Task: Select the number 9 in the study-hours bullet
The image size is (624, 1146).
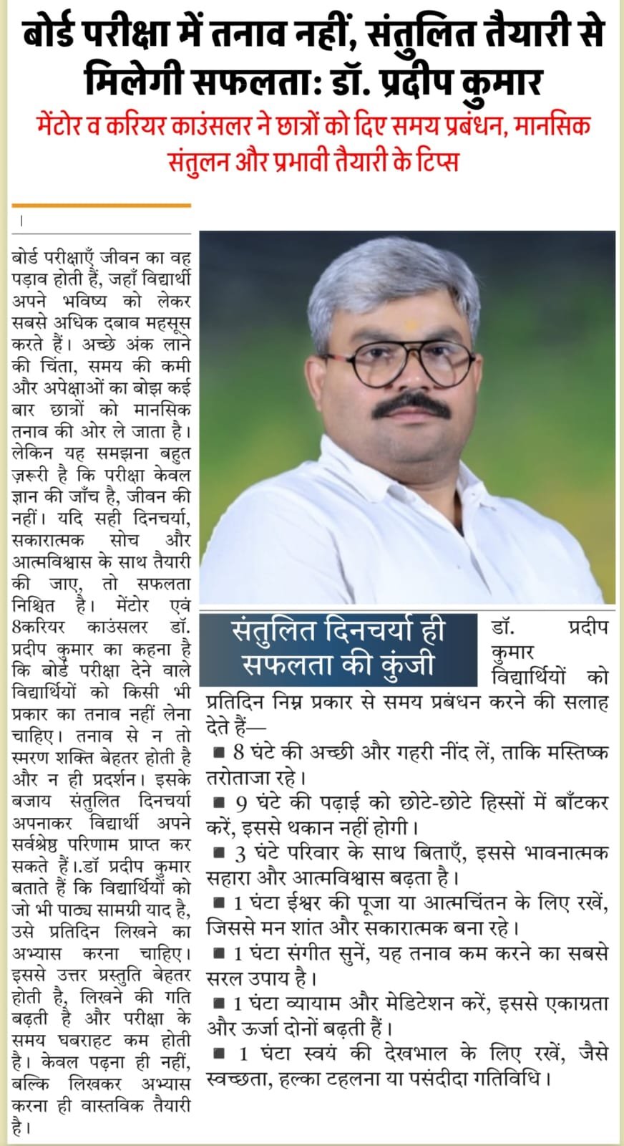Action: point(239,803)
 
